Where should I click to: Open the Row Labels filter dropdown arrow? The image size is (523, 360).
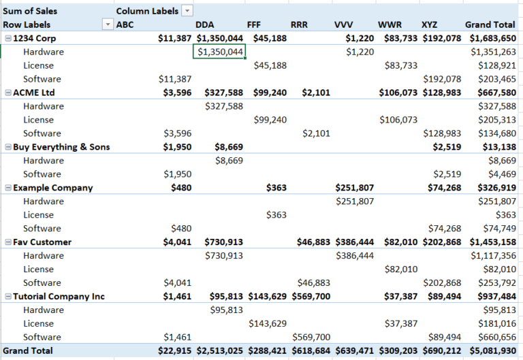[107, 24]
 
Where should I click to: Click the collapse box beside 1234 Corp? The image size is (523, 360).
[7, 38]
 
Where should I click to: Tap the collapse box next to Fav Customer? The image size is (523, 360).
[7, 242]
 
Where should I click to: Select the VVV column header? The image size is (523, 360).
[343, 24]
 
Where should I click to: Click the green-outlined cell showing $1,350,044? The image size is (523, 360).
[219, 52]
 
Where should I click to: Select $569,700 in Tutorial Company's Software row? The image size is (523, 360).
[311, 338]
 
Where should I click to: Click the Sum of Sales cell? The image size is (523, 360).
[30, 11]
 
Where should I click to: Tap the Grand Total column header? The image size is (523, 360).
[490, 24]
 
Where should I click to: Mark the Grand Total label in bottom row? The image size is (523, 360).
[27, 351]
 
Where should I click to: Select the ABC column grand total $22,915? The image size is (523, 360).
[175, 351]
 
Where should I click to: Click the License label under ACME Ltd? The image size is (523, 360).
[38, 120]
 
